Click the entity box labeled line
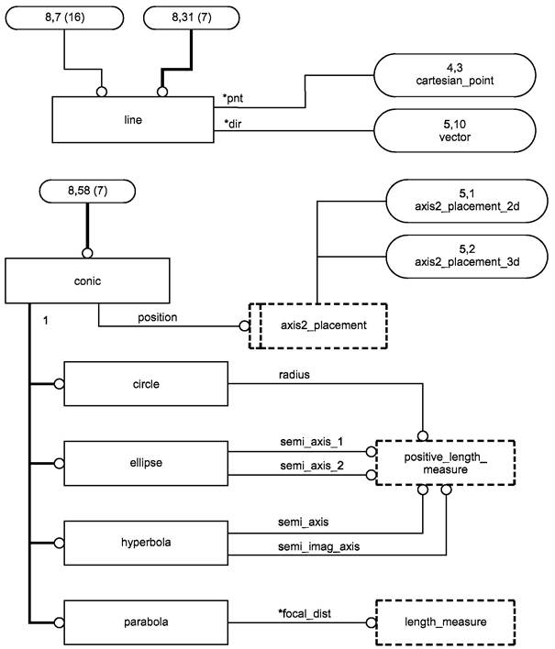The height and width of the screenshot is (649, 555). coord(133,119)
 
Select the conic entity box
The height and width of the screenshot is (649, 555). coord(87,280)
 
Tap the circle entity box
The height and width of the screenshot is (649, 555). coord(146,384)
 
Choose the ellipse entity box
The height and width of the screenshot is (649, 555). coord(146,463)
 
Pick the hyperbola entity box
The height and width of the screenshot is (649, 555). coord(146,543)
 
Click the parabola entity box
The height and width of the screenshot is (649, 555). coord(146,621)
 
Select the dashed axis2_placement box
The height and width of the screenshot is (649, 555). coord(318,325)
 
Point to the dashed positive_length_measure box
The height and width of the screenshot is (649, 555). coord(445,463)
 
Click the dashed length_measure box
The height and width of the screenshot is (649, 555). coord(445,621)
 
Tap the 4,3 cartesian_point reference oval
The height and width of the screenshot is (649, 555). coord(455,75)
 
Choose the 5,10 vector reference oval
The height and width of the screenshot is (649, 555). coord(455,130)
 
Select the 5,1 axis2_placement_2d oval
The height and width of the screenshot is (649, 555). coord(467,201)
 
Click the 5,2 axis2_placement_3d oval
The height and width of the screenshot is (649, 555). coord(467,256)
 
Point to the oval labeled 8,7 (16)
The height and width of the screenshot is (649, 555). coord(64,17)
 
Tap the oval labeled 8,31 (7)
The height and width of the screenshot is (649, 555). coord(192,17)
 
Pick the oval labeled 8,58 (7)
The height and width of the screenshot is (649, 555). coord(87,191)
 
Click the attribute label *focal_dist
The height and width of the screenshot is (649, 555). coord(305,613)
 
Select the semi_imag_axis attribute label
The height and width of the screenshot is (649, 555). coord(319,546)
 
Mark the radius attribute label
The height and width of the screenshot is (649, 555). coord(294,375)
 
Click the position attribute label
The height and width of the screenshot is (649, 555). coord(158,317)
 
